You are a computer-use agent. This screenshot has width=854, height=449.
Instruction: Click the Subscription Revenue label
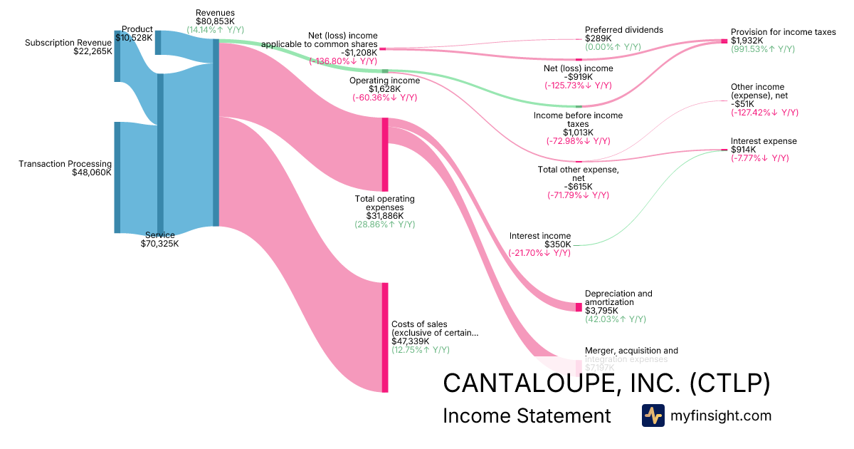point(68,43)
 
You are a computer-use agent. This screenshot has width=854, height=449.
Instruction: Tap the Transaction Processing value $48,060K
point(92,172)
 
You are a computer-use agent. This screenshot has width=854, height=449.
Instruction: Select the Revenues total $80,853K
point(215,21)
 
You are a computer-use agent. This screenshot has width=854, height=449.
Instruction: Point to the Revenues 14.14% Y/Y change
point(215,31)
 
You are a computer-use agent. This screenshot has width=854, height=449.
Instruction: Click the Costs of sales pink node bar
point(385,337)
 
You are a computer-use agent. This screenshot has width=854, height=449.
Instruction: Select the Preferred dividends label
point(623,30)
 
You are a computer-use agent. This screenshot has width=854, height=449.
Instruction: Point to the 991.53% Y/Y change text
point(763,49)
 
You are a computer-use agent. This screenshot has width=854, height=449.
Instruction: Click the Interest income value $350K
point(557,244)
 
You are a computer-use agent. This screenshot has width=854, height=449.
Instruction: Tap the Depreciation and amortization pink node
point(579,306)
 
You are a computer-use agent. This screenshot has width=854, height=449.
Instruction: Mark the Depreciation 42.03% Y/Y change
point(615,319)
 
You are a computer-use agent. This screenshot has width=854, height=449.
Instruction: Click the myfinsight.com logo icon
point(653,416)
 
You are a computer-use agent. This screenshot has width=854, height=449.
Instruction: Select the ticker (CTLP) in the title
point(728,383)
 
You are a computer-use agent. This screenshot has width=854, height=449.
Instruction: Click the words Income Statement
point(527,416)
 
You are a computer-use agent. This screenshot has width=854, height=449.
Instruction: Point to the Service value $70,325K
point(159,244)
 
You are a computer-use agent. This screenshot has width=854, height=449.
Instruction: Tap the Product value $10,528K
point(133,38)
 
